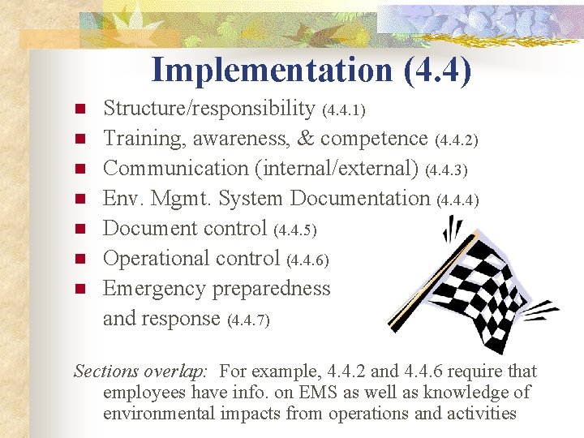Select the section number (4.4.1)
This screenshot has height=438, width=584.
click(x=343, y=109)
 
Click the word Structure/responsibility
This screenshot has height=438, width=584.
click(x=209, y=109)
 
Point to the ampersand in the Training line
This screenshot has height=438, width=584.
click(x=305, y=139)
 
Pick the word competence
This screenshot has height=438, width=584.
click(x=374, y=139)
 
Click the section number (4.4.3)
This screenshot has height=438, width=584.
click(x=446, y=170)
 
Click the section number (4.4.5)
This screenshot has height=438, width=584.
click(x=294, y=230)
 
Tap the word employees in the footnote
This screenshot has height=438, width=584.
click(x=143, y=393)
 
